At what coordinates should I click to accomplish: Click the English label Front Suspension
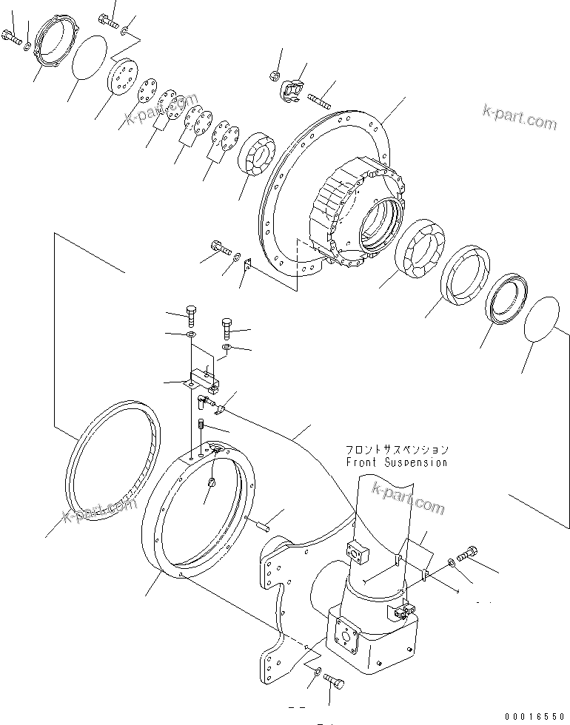point(396,462)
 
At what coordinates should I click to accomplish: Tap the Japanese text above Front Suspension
point(396,449)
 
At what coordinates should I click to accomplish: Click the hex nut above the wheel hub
point(274,75)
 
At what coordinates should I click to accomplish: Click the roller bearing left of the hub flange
point(256,155)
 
